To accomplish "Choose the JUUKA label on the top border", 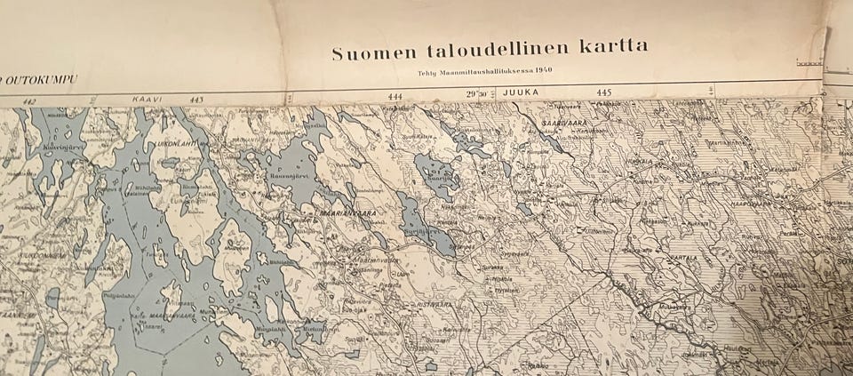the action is pyautogui.click(x=521, y=92).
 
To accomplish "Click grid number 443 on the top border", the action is pyautogui.click(x=196, y=100).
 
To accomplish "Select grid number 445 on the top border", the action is pyautogui.click(x=604, y=92).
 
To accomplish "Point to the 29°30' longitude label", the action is pyautogui.click(x=477, y=93).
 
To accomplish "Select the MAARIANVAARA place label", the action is pyautogui.click(x=335, y=213).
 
